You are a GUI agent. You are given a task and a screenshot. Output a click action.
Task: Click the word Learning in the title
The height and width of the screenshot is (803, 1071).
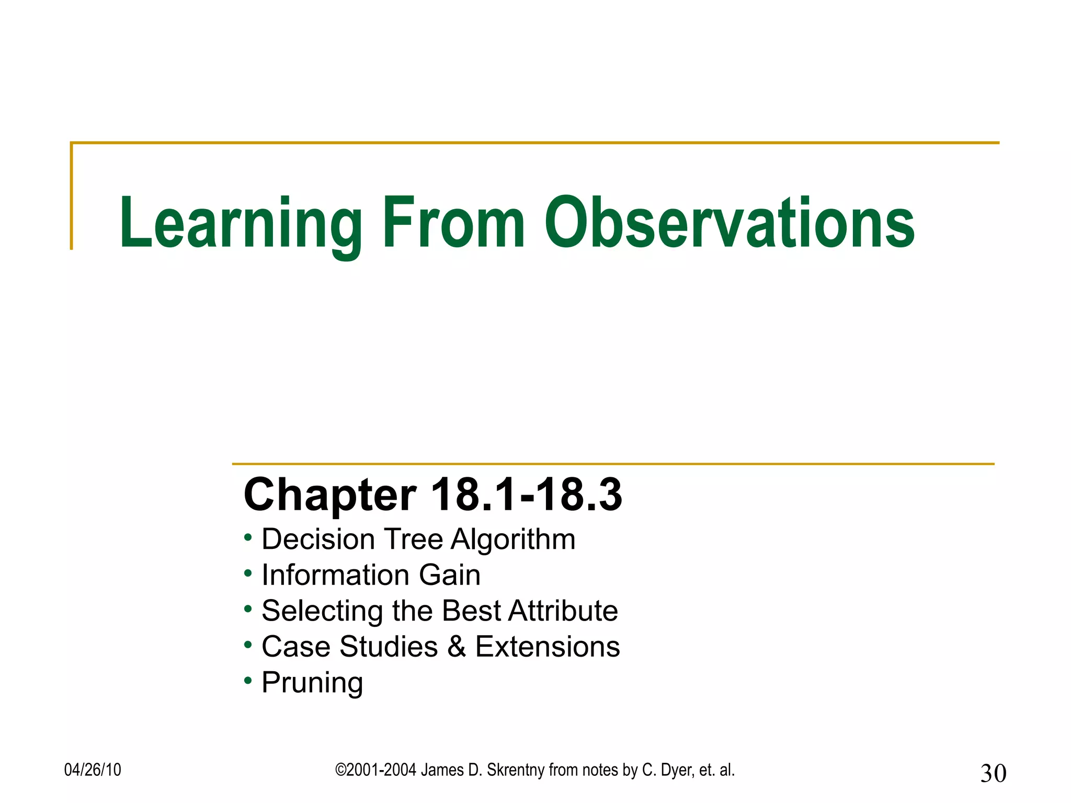point(241,224)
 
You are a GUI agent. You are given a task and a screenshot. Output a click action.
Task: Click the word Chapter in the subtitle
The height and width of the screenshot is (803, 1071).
point(330,496)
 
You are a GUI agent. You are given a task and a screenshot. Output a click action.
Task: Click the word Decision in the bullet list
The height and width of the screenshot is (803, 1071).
point(318,539)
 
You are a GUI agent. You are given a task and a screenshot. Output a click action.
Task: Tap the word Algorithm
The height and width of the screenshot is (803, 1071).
point(512,540)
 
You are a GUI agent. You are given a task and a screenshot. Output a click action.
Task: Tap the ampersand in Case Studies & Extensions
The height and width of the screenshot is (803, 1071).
point(457,647)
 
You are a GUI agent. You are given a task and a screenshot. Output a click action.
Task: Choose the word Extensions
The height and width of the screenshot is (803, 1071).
point(547,647)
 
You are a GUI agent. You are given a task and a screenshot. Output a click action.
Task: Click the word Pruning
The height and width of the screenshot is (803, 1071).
point(312,683)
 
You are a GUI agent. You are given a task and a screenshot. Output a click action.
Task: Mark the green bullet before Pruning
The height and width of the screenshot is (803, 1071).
point(248,680)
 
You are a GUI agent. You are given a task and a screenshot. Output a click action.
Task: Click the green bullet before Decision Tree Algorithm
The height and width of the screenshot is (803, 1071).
point(248,537)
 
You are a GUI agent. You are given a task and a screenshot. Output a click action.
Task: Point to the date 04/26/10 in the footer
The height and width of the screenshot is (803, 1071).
point(93,770)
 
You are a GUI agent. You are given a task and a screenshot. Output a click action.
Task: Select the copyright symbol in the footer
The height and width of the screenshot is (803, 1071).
point(340,770)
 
